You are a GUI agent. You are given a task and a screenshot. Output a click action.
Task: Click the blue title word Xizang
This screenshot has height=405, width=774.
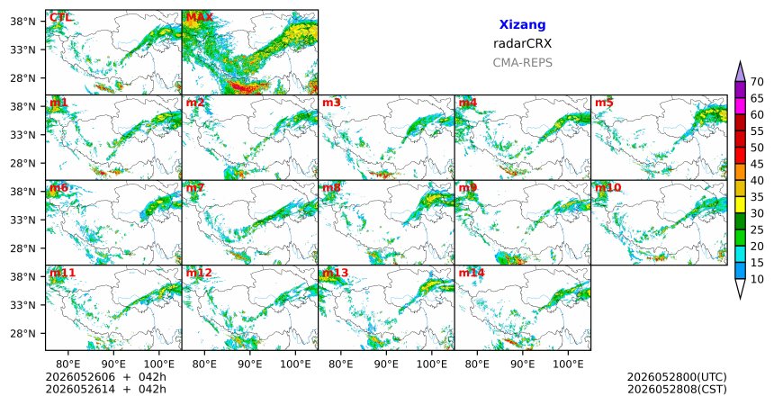pos(522,24)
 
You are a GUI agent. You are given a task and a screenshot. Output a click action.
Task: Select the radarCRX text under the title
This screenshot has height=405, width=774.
pos(522,43)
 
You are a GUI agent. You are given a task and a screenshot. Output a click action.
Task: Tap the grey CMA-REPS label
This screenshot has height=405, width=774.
pos(522,63)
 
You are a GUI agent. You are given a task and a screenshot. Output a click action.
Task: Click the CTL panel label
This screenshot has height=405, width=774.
pos(60,18)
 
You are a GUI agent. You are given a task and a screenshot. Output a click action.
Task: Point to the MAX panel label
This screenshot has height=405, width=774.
pos(199,18)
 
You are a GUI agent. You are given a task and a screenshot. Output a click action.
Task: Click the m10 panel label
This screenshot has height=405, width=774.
pos(607,188)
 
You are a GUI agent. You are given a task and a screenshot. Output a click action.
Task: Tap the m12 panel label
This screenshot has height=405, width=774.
pos(199,273)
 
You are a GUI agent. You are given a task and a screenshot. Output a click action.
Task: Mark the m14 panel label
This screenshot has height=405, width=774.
pos(472,273)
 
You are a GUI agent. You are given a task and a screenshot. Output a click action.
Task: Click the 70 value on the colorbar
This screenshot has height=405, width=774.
pos(757,82)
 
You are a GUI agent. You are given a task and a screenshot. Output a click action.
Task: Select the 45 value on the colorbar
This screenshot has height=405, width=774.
pos(757,164)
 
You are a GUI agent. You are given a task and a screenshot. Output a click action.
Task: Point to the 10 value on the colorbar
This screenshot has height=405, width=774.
pos(757,279)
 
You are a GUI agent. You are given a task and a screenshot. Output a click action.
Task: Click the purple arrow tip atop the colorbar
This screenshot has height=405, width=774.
pos(740,61)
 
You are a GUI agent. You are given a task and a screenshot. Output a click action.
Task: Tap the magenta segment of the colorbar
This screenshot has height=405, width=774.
pos(740,106)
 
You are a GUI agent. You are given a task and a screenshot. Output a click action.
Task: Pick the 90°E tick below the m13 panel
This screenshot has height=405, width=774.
pos(386,364)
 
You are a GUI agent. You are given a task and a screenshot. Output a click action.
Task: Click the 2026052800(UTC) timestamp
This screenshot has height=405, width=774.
pos(677,377)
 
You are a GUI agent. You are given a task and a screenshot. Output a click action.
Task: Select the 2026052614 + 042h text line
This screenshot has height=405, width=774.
pos(105,389)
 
